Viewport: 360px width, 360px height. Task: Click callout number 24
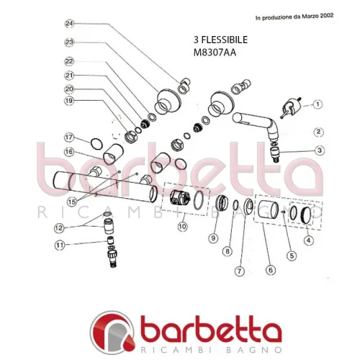pyautogui.click(x=70, y=24)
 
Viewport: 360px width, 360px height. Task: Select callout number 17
pyautogui.click(x=69, y=138)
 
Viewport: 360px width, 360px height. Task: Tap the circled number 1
pyautogui.click(x=318, y=104)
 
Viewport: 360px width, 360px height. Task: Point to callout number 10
pyautogui.click(x=182, y=226)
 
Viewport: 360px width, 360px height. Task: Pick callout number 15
pyautogui.click(x=72, y=202)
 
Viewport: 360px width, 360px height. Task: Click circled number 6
pyautogui.click(x=271, y=270)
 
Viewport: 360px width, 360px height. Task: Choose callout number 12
pyautogui.click(x=59, y=228)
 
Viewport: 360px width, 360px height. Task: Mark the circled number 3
pyautogui.click(x=320, y=150)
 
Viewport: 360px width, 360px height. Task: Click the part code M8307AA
pyautogui.click(x=215, y=53)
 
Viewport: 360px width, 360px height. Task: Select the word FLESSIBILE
pyautogui.click(x=225, y=40)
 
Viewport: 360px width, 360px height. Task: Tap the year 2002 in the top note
pyautogui.click(x=327, y=16)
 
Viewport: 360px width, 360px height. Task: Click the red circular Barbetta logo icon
pyautogui.click(x=112, y=332)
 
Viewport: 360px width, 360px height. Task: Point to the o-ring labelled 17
pyautogui.click(x=96, y=144)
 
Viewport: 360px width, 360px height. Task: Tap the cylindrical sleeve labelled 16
pyautogui.click(x=113, y=154)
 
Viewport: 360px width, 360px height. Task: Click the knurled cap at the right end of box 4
pyautogui.click(x=305, y=215)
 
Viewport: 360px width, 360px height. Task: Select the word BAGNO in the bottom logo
pyautogui.click(x=254, y=350)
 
